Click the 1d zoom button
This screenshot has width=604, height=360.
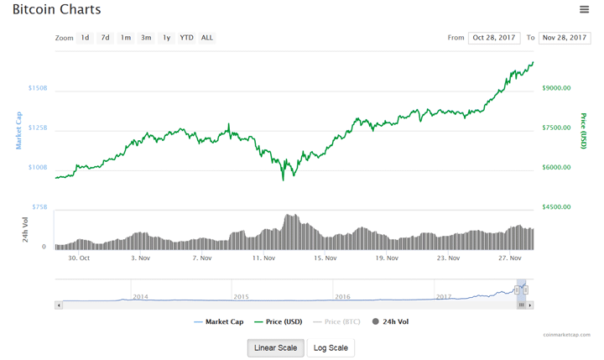[85, 38]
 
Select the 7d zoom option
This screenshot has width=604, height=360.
[105, 38]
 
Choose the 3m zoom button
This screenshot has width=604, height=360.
[146, 38]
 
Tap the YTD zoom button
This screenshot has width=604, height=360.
[186, 38]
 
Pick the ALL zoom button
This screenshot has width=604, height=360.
[206, 38]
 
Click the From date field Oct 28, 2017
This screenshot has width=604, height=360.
[495, 38]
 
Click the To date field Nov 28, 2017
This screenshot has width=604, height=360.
[564, 38]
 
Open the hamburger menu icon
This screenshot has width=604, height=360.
[584, 9]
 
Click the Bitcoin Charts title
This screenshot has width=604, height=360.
[56, 10]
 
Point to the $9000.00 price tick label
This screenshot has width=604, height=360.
[556, 88]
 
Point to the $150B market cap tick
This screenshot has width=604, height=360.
[37, 88]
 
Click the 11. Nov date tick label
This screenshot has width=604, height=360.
[263, 258]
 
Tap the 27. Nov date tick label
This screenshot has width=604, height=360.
[510, 258]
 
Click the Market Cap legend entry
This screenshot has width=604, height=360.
[219, 321]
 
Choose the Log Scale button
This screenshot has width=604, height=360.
[331, 347]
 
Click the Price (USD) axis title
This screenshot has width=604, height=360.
[584, 132]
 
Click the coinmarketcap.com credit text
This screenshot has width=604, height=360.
[566, 334]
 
